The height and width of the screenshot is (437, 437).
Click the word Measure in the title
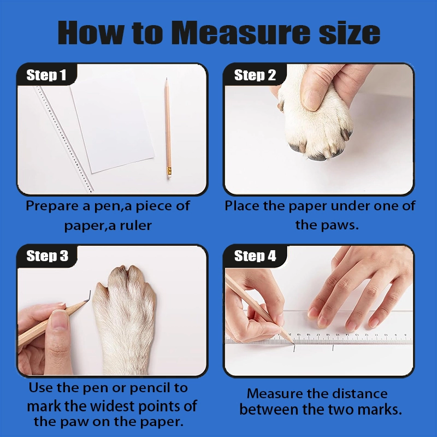click(x=240, y=33)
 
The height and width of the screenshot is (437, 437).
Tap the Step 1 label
click(x=46, y=75)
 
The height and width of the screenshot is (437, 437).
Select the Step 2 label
click(x=255, y=75)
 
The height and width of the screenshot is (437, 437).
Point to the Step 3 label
click(x=47, y=256)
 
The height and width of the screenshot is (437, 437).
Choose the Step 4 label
click(x=255, y=256)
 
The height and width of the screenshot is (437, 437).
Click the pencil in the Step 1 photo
click(x=168, y=128)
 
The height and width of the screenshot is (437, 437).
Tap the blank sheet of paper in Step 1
click(x=113, y=126)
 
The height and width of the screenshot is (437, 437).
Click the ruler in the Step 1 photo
click(x=64, y=139)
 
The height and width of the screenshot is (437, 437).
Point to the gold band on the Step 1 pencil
click(x=169, y=170)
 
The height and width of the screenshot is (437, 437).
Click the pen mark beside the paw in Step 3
click(x=90, y=296)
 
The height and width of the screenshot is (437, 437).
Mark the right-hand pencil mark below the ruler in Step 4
click(x=333, y=347)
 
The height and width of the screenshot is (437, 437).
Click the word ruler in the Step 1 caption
click(x=135, y=225)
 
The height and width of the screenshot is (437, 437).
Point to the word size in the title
click(x=350, y=33)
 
